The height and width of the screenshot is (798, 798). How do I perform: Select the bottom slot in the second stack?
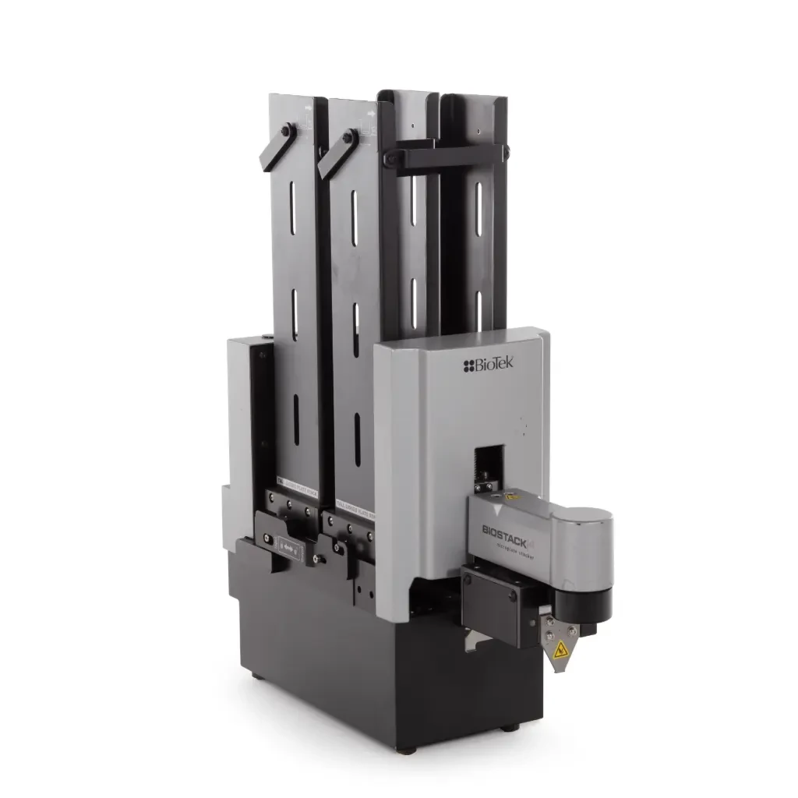[x=356, y=436]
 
